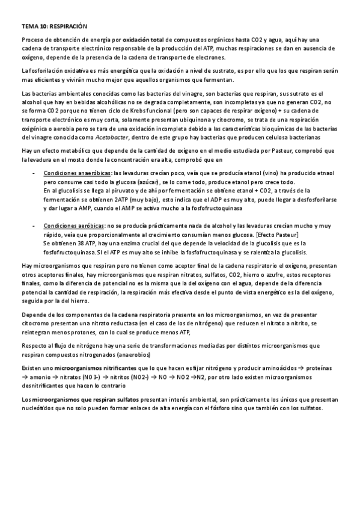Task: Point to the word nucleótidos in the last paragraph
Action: pyautogui.click(x=41, y=408)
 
